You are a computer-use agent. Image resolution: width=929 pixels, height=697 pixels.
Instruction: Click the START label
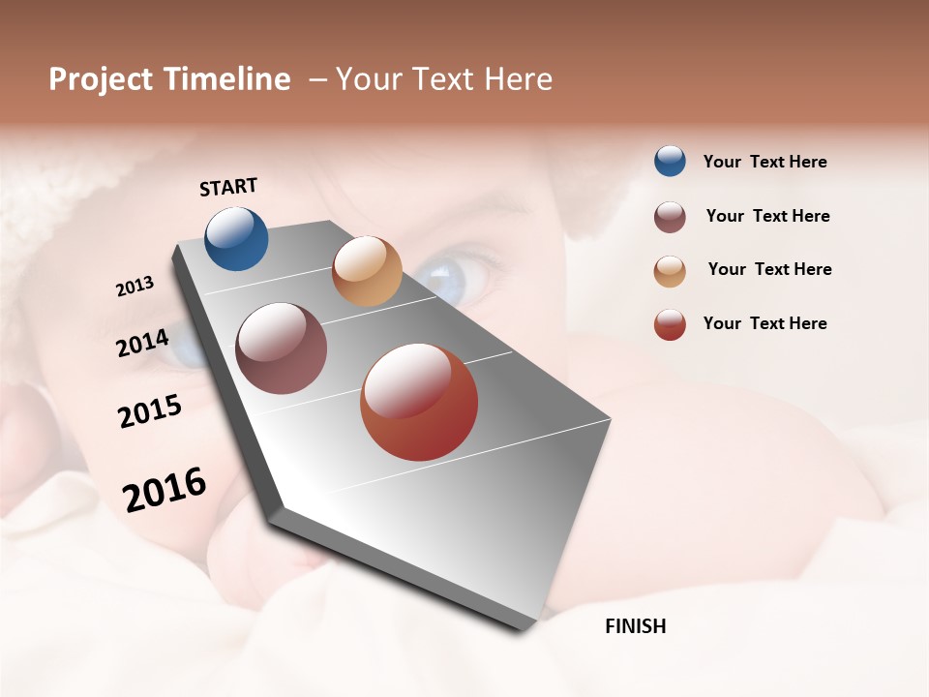[x=228, y=187]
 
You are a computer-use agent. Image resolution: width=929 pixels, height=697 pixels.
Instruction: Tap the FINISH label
[x=635, y=626]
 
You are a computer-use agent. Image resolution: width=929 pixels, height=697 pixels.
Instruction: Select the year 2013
[x=135, y=287]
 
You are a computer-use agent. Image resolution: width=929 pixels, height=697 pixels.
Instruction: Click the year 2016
[x=165, y=489]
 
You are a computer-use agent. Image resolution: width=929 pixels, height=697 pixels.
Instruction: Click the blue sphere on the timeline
[x=236, y=238]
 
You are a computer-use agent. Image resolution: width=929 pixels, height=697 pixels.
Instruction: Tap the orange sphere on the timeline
[x=367, y=271]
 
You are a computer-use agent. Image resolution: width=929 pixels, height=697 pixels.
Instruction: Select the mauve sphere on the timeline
[x=281, y=348]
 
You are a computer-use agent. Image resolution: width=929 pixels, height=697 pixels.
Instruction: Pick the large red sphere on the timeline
[x=419, y=402]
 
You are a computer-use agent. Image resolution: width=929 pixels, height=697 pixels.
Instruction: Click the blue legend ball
[x=670, y=162]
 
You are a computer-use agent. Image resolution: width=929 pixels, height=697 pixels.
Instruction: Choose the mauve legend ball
[x=670, y=217]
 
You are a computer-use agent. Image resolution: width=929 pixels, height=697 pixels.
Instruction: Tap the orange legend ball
[x=670, y=270]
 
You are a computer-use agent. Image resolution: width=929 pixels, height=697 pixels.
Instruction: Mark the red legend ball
[x=670, y=324]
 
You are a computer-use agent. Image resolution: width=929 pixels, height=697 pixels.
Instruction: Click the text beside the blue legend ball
[x=764, y=163]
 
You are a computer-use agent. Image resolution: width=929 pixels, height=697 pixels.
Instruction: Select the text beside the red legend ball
[x=764, y=323]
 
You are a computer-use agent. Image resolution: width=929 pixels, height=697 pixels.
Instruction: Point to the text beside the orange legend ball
[x=769, y=269]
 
